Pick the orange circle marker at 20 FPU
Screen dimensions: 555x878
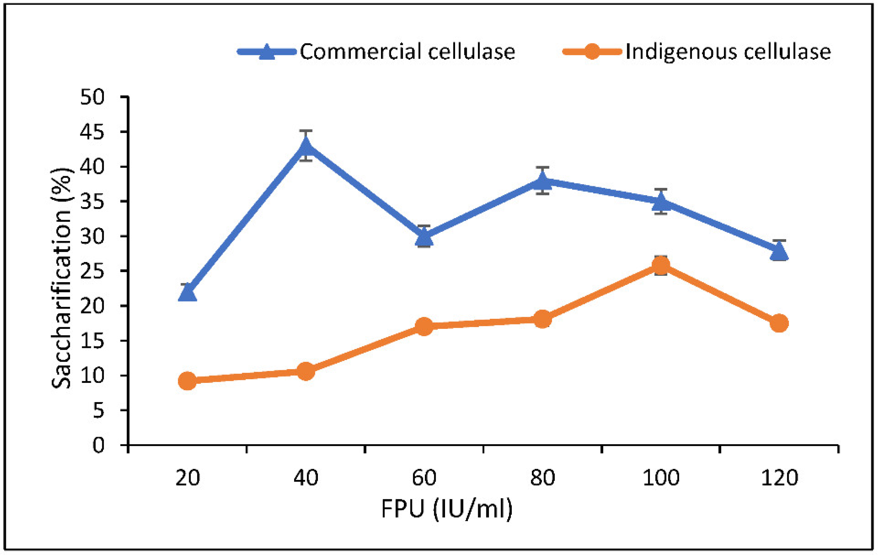pos(187,381)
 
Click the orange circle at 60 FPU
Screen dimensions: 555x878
pos(424,326)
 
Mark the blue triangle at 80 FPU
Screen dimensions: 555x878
pos(543,181)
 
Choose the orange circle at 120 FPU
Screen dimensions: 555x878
pos(779,323)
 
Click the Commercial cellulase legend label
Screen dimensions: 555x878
pos(407,51)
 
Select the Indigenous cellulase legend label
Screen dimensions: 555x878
pos(728,51)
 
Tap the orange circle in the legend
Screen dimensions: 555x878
pos(592,51)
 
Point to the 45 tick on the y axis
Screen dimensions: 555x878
pos(92,132)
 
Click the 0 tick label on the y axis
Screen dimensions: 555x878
pos(98,446)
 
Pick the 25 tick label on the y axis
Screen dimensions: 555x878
pos(92,271)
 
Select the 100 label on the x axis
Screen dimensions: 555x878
pos(661,477)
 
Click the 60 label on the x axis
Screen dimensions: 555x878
pos(424,477)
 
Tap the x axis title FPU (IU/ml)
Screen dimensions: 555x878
pos(447,509)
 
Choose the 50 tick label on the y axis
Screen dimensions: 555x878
pos(92,97)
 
